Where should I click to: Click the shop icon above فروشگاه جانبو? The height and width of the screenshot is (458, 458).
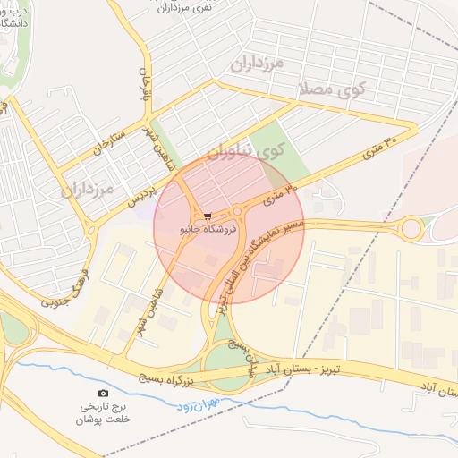pos(208,216)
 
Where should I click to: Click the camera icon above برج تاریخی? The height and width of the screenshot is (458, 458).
pos(103,393)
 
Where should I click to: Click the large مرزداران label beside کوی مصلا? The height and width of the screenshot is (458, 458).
pos(257,64)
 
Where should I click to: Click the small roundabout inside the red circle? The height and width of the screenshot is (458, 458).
pos(239,212)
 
